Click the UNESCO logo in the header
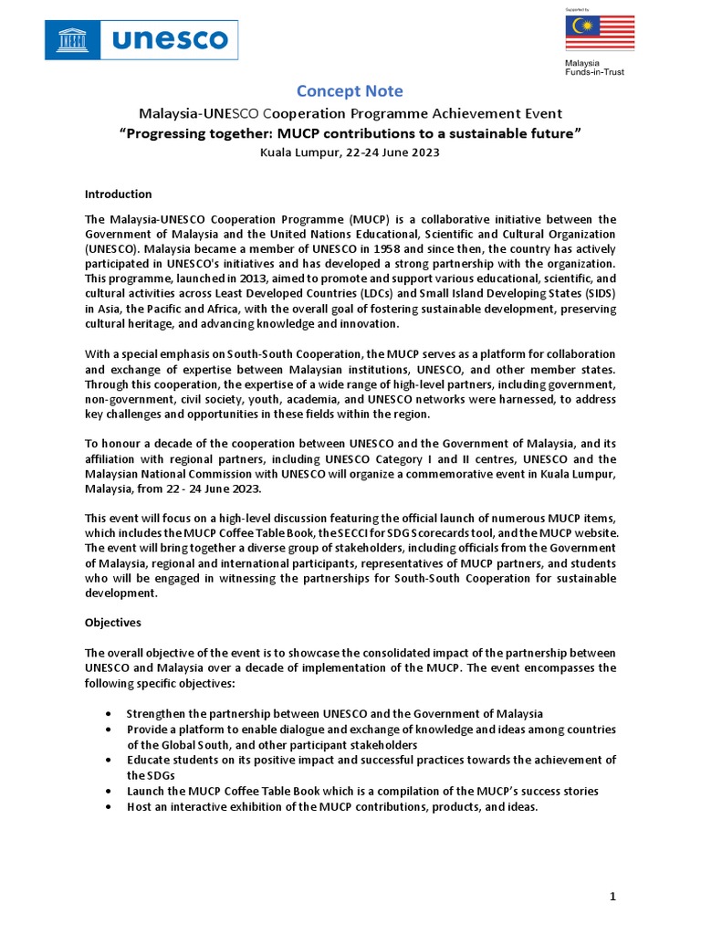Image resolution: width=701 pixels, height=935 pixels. coord(141,40)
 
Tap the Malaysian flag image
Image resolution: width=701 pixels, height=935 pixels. coord(592,33)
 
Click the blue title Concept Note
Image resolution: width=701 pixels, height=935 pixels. coord(350,91)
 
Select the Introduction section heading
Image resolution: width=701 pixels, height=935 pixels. coord(118,194)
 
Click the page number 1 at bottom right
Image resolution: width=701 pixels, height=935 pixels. coord(613,897)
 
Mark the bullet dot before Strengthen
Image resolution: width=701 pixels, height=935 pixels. coord(110,713)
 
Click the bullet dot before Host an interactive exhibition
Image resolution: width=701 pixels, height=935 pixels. coord(110,807)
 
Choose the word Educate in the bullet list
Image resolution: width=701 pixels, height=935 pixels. coord(149,760)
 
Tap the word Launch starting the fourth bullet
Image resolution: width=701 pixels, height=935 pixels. coord(146,791)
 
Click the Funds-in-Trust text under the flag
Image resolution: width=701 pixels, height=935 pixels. coord(593,72)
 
